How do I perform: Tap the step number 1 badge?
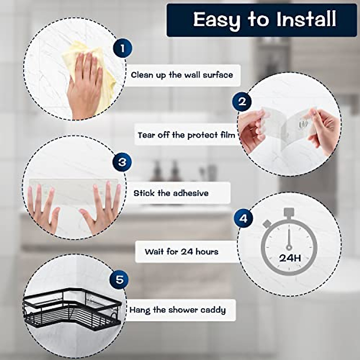click(122, 48)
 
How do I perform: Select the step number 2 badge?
click(242, 101)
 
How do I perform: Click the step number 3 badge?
click(122, 162)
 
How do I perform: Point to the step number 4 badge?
click(243, 218)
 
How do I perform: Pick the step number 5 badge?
click(120, 280)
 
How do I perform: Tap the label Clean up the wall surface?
click(182, 75)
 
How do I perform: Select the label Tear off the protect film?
click(186, 135)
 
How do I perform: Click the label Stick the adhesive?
click(171, 193)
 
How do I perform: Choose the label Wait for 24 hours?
click(181, 251)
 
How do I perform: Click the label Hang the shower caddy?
click(178, 310)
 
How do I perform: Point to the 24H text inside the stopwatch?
click(290, 258)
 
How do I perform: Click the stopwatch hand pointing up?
click(289, 237)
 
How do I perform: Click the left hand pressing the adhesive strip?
click(42, 207)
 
